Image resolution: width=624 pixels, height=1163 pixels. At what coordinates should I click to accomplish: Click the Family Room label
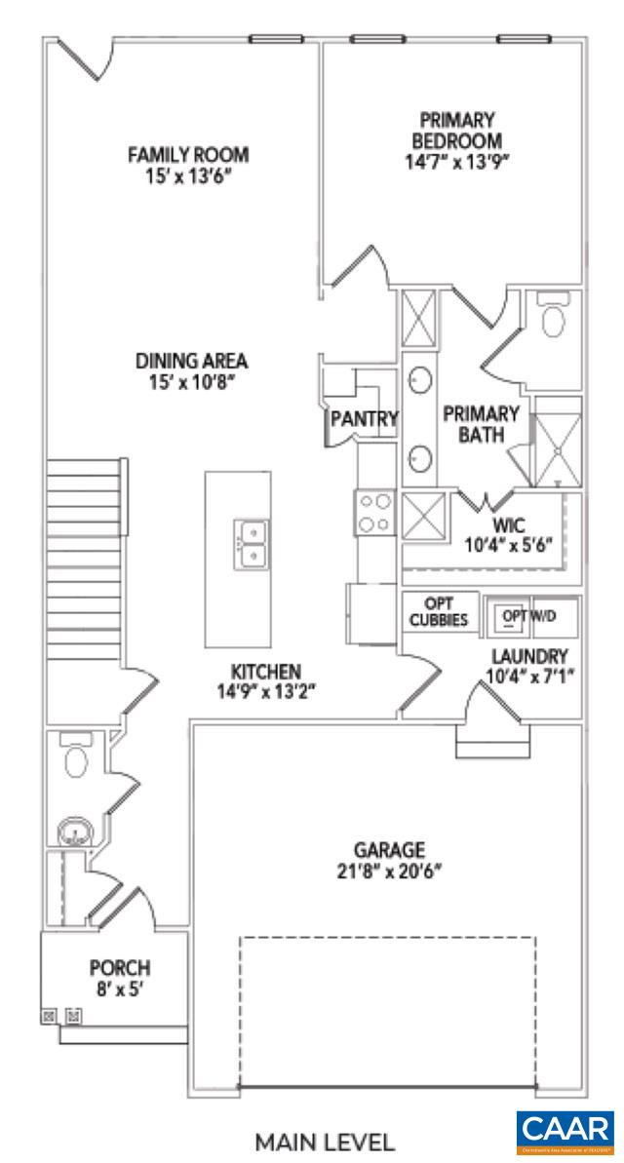click(189, 155)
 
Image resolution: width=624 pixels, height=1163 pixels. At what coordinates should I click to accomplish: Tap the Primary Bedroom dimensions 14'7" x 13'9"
click(457, 162)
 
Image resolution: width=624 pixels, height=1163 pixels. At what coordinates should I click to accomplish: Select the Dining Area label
click(192, 361)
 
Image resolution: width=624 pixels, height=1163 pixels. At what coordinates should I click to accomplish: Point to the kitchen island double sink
click(252, 544)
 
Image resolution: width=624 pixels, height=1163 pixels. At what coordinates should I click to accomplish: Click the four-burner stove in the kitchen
click(374, 513)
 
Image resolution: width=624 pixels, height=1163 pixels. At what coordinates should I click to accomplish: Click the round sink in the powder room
click(74, 833)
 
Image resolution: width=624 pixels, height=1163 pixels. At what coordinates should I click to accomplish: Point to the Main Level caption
click(325, 1142)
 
